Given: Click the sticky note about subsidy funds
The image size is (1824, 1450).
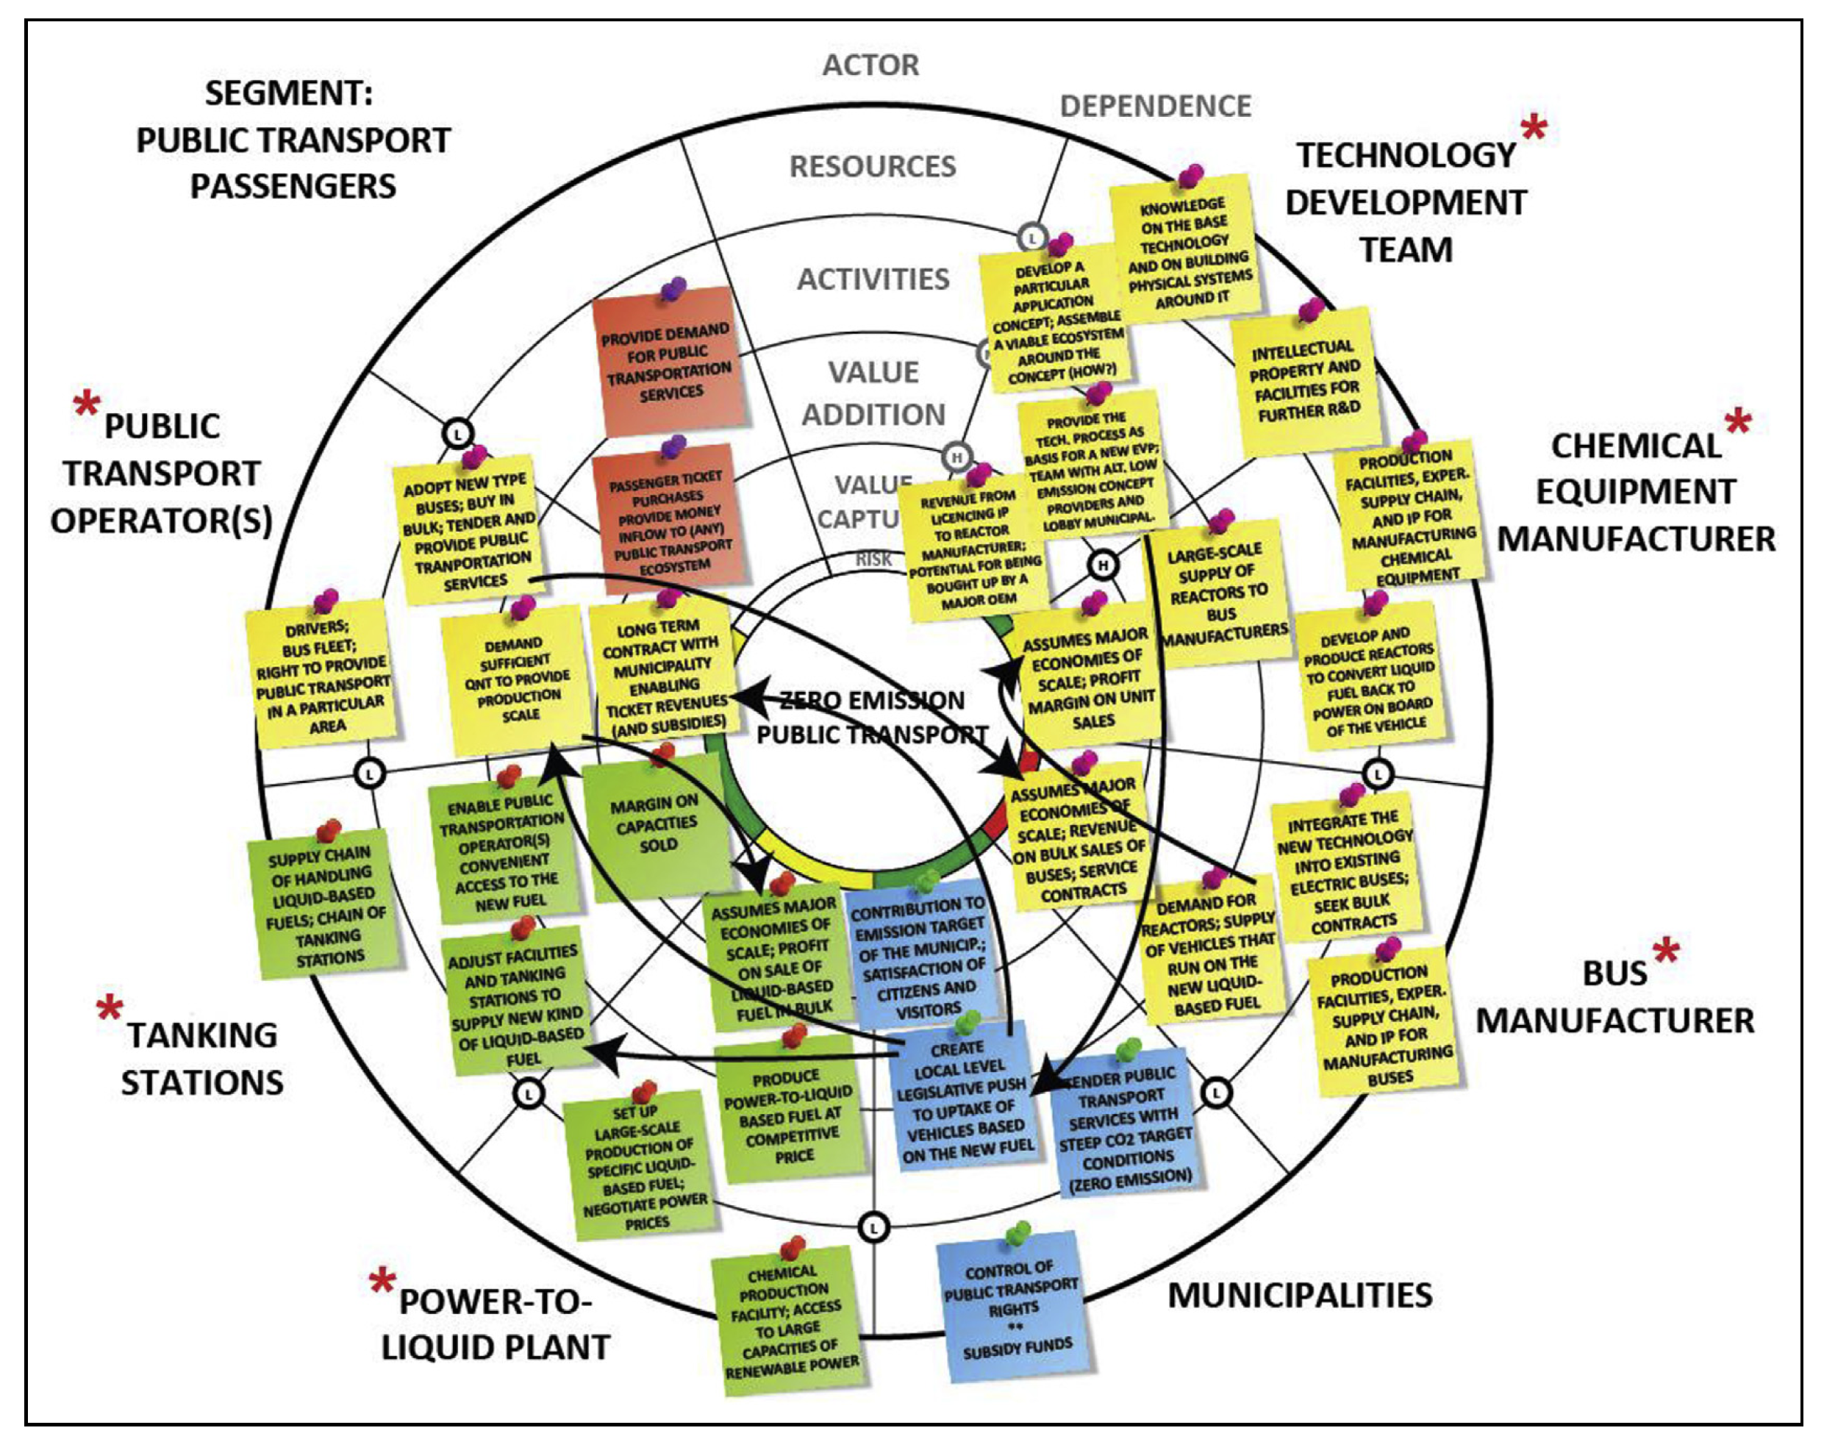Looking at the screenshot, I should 1012,1310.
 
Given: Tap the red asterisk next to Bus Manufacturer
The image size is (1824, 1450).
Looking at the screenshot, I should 1666,952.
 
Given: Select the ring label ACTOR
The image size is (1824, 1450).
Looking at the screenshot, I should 870,65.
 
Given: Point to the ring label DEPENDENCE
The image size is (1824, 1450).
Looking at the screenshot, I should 1155,107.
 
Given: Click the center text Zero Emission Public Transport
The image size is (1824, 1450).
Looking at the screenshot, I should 871,718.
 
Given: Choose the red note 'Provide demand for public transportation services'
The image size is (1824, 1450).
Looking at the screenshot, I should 668,361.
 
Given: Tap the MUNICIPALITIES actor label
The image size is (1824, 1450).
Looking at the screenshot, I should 1300,1295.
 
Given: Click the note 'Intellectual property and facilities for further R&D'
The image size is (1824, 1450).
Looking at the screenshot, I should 1306,382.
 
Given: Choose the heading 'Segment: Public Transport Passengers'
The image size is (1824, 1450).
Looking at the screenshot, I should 292,140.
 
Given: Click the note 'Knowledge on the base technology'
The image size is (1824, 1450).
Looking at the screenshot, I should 1186,251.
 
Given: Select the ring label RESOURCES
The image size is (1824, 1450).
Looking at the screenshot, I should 872,167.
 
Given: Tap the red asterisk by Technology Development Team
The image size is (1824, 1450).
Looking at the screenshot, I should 1534,129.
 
